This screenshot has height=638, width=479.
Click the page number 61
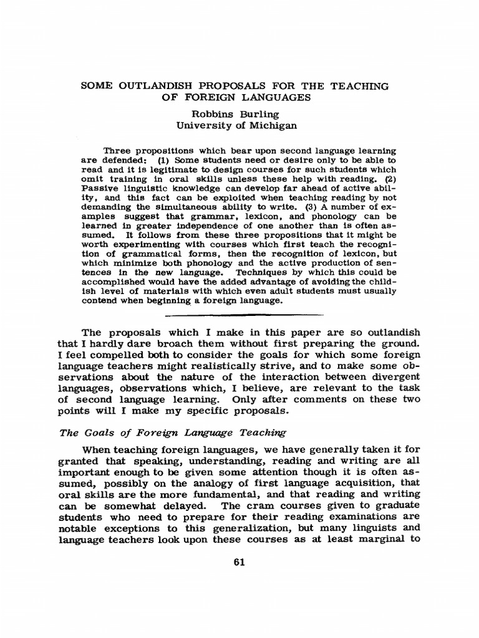pyautogui.click(x=239, y=562)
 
